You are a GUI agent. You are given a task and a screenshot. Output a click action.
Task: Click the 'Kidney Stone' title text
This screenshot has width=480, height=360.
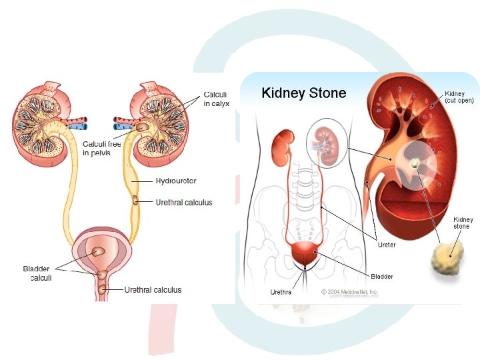[303, 93]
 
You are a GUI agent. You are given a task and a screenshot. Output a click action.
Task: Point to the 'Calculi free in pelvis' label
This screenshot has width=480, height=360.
[101, 148]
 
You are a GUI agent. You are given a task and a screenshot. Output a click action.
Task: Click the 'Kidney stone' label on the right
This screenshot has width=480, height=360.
[462, 223]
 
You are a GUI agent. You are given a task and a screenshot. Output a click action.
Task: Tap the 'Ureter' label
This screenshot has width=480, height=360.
[387, 245]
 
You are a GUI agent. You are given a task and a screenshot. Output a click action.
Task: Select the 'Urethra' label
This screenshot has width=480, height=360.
[281, 292]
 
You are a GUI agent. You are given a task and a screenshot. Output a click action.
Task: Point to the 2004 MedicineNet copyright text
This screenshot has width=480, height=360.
[350, 292]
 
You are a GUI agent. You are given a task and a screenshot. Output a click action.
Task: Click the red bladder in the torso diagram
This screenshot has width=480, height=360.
[306, 254]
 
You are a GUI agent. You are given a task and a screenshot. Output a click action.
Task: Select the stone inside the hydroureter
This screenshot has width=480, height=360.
[137, 200]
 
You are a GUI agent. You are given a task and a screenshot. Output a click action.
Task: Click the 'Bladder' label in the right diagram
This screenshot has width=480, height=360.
[382, 276]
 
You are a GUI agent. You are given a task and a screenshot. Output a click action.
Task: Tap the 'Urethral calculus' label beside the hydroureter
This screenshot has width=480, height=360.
[183, 203]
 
